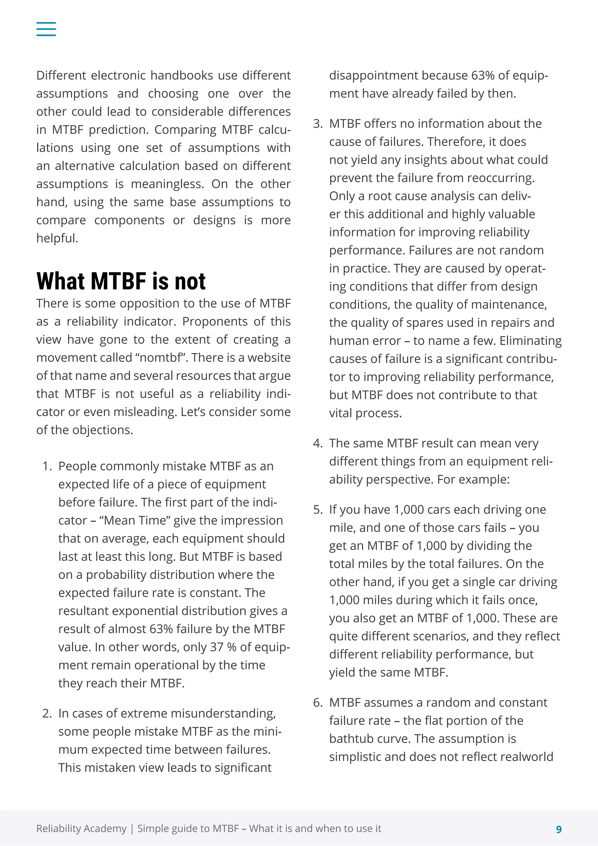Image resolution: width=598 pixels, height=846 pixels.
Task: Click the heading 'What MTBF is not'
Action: click(121, 282)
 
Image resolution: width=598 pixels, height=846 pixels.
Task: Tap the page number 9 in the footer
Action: click(559, 829)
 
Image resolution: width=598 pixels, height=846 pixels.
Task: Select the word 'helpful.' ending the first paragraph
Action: click(57, 238)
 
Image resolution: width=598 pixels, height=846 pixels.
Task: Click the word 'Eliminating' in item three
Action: click(530, 341)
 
